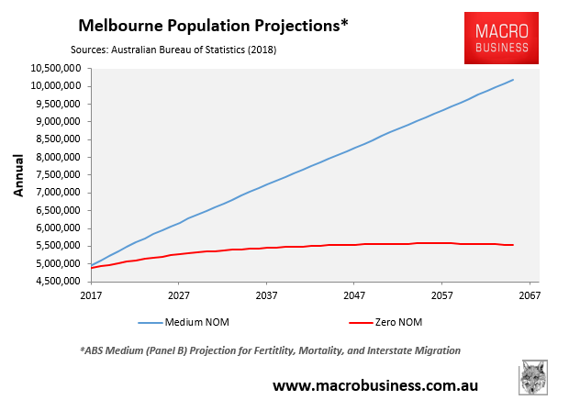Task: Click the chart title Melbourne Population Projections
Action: pos(214,24)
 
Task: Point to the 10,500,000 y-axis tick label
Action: pos(52,68)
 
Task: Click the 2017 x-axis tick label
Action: pos(91,297)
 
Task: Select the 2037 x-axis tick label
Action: pos(266,297)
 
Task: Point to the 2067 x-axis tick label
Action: pos(530,297)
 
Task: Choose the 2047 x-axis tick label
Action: pos(354,297)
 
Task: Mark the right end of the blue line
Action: pos(513,80)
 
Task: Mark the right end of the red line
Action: pos(513,245)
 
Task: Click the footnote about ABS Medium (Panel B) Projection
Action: pos(270,351)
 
